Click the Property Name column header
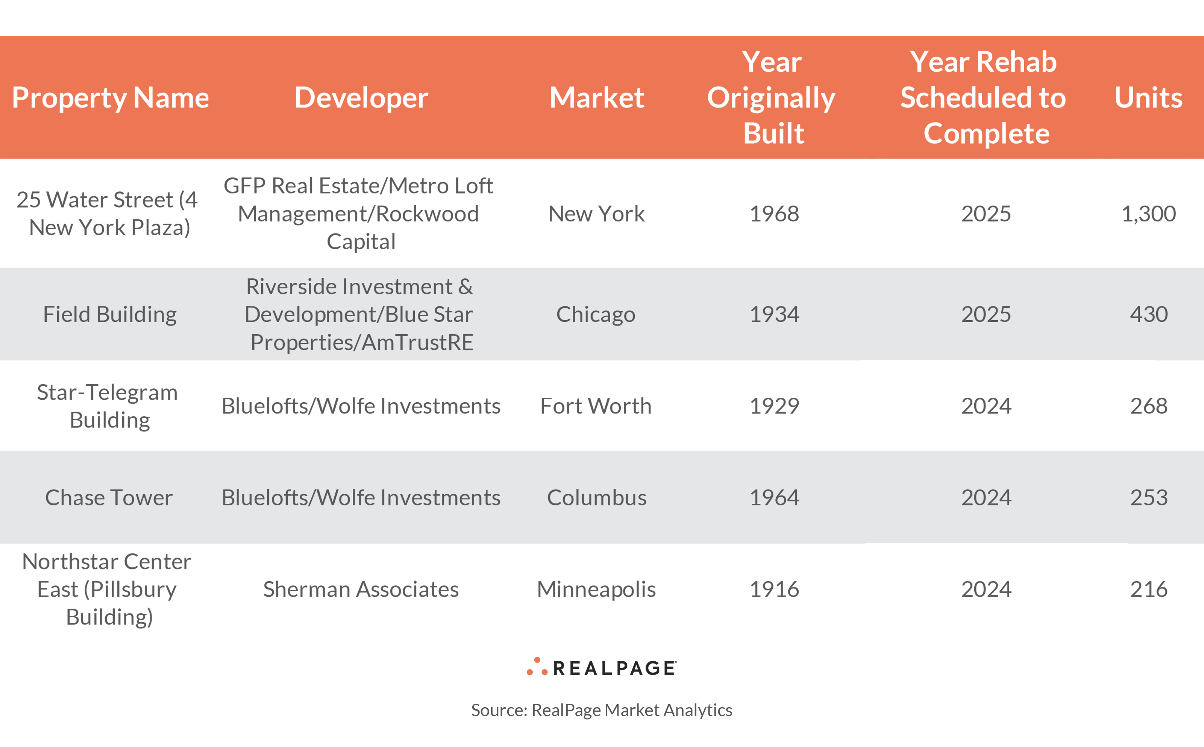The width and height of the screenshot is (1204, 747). pyautogui.click(x=110, y=98)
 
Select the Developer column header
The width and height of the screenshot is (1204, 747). pyautogui.click(x=361, y=98)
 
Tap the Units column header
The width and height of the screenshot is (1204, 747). pyautogui.click(x=1148, y=98)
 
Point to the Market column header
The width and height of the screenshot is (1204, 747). pyautogui.click(x=596, y=98)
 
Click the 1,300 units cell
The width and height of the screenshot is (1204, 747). pyautogui.click(x=1148, y=214)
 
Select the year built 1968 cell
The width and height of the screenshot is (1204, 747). pyautogui.click(x=774, y=214)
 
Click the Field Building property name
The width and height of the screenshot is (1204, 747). pyautogui.click(x=110, y=315)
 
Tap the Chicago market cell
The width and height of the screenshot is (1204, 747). pyautogui.click(x=596, y=315)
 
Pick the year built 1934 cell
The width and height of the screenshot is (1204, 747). pyautogui.click(x=774, y=315)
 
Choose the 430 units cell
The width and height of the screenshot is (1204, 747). pyautogui.click(x=1148, y=315)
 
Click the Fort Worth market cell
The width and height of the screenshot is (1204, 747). pyautogui.click(x=596, y=406)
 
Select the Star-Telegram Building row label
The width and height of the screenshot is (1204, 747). pyautogui.click(x=108, y=406)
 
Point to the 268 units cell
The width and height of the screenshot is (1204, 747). pyautogui.click(x=1148, y=406)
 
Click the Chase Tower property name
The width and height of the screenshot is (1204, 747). pyautogui.click(x=109, y=497)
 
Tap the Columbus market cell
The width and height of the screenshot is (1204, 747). pyautogui.click(x=596, y=497)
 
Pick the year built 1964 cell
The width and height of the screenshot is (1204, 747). pyautogui.click(x=774, y=497)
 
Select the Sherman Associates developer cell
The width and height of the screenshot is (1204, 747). pyautogui.click(x=361, y=589)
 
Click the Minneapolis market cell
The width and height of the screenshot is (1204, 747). pyautogui.click(x=596, y=589)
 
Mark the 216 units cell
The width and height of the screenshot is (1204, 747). pyautogui.click(x=1148, y=589)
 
